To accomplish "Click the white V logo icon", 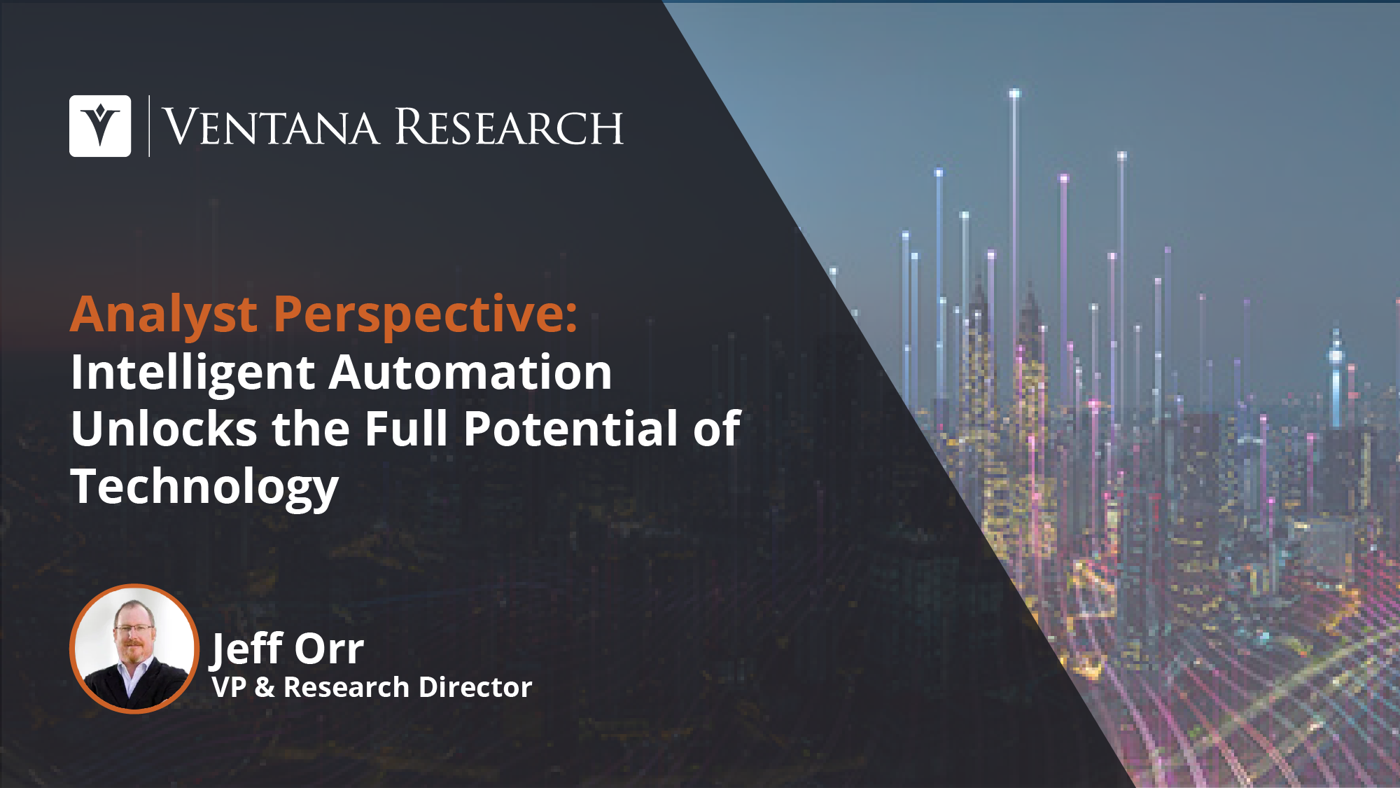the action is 100,126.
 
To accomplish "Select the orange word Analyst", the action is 164,315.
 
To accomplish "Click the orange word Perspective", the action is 425,315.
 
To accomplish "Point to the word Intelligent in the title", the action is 193,373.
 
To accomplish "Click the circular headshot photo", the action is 134,649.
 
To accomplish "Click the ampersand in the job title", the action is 265,688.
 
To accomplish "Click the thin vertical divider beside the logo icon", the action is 149,126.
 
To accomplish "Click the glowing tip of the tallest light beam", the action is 1014,93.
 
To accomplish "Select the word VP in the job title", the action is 229,688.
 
